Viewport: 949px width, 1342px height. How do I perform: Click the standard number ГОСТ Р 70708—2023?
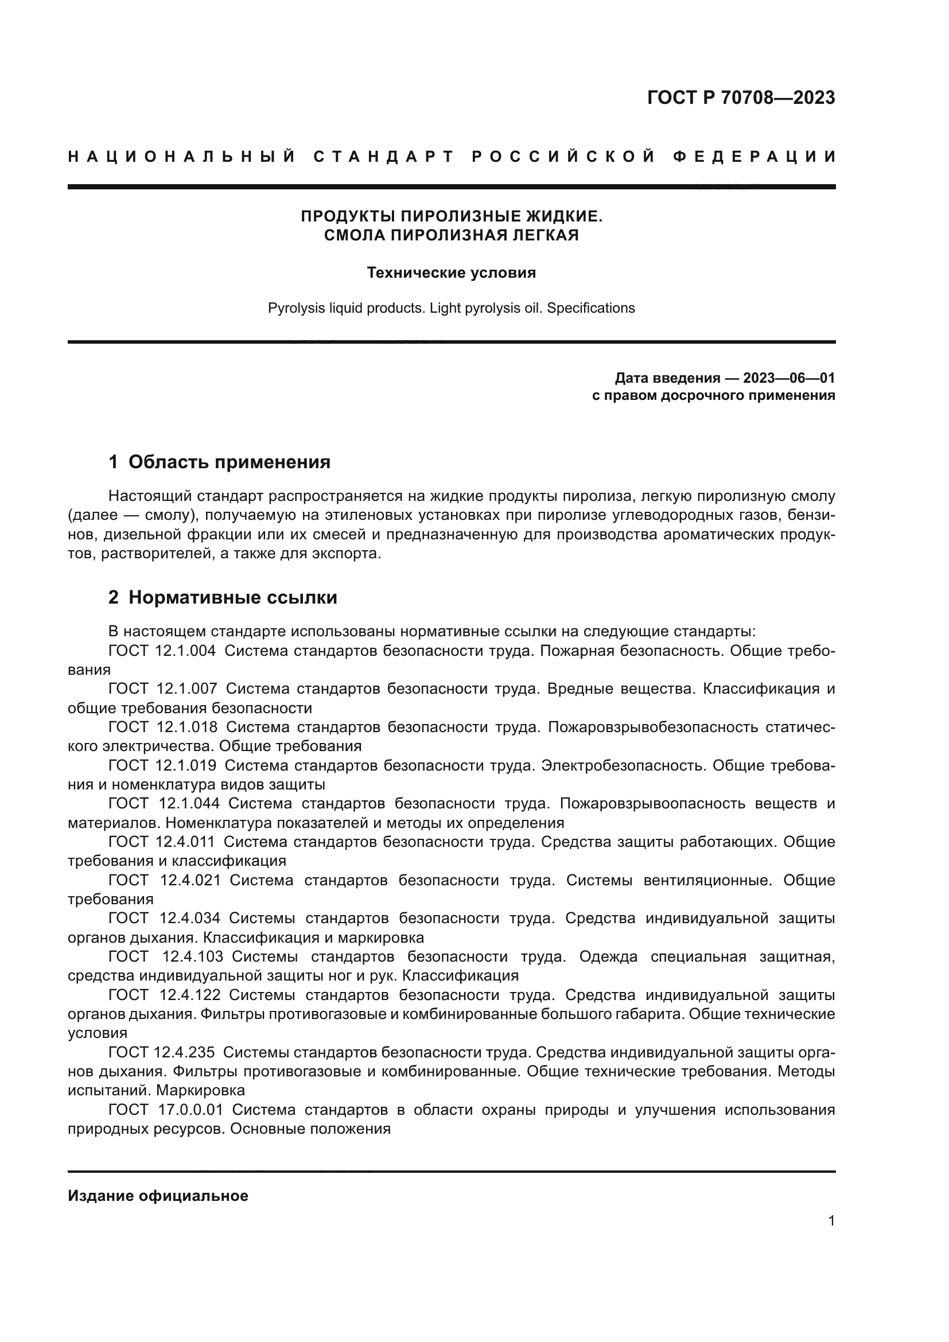point(740,98)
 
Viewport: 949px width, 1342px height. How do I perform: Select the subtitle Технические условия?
point(451,273)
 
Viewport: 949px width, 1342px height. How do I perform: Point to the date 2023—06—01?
point(789,378)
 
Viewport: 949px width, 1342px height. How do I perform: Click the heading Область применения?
point(229,462)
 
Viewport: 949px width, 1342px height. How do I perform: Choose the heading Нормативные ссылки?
point(232,597)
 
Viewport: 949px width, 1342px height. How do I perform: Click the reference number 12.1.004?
point(186,651)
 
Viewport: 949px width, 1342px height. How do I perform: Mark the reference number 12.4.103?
point(192,957)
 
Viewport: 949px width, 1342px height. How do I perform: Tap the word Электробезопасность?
point(623,766)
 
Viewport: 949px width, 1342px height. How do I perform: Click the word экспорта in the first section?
point(347,554)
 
